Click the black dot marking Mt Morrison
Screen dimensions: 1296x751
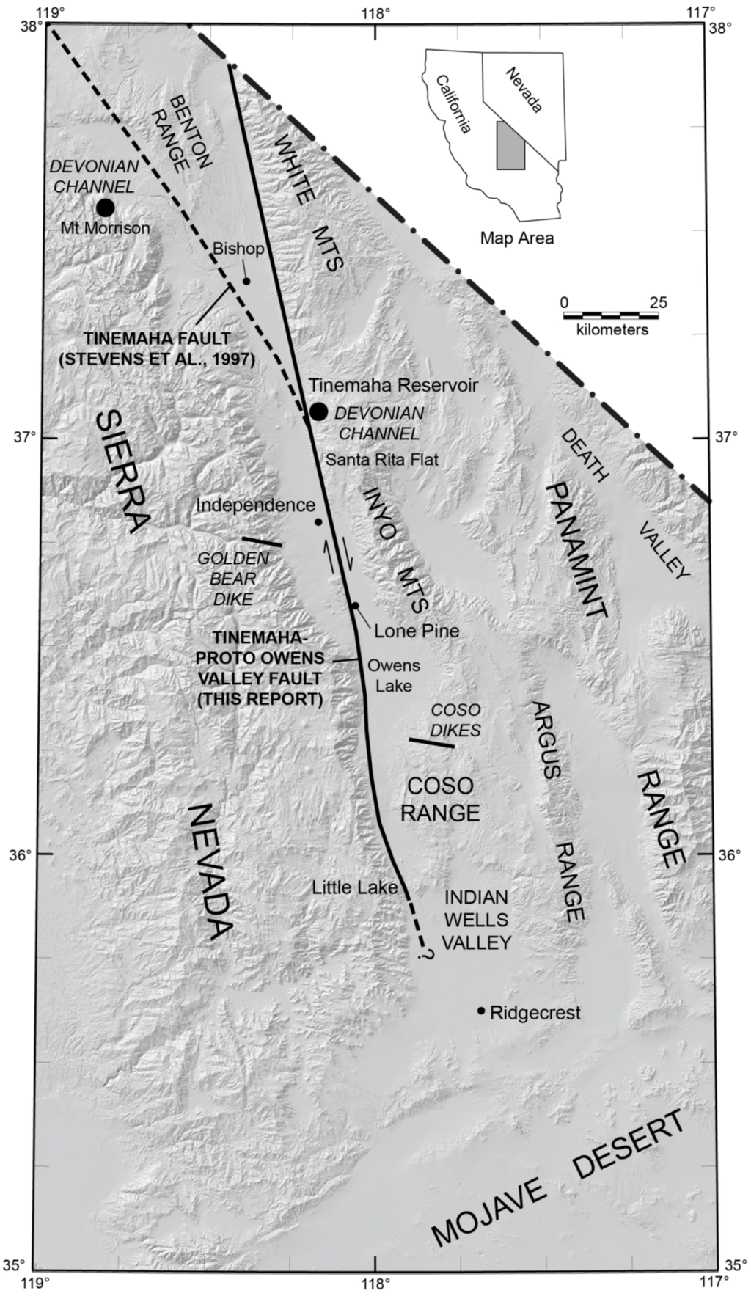(x=106, y=207)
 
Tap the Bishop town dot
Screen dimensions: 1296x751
(x=246, y=281)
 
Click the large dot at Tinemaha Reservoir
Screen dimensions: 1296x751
(x=318, y=411)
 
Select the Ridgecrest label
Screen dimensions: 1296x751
(x=535, y=1013)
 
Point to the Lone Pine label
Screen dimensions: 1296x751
(x=416, y=630)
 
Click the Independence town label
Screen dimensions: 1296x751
(x=255, y=505)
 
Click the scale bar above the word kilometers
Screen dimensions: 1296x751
(x=610, y=315)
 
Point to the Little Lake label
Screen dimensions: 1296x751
(x=355, y=887)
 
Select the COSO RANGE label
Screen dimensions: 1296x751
(x=440, y=799)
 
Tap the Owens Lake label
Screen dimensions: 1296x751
(x=394, y=676)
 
